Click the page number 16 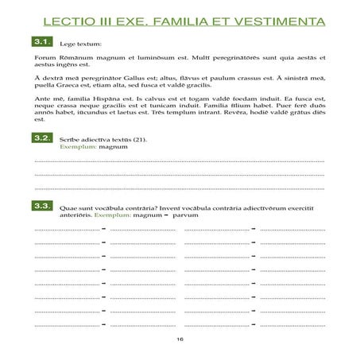(x=180, y=339)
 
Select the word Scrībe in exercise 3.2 (x=70, y=139)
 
